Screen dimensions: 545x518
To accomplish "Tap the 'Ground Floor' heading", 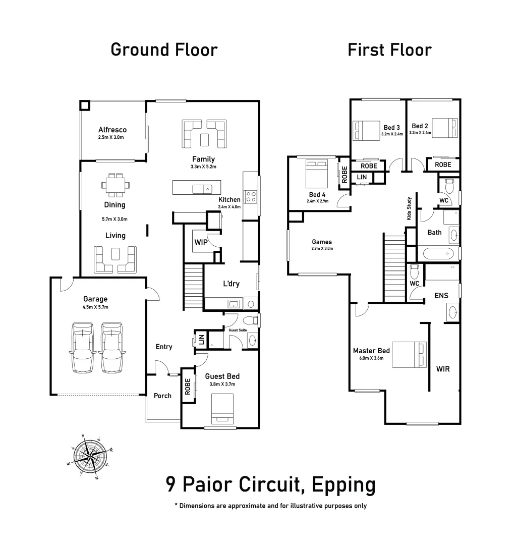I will pyautogui.click(x=164, y=50).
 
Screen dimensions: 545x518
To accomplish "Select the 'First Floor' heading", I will pyautogui.click(x=389, y=50).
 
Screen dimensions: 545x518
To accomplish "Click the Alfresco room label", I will pyautogui.click(x=112, y=130).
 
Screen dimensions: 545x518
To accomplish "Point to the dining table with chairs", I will pyautogui.click(x=115, y=185).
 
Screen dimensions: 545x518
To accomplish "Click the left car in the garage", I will pyautogui.click(x=83, y=348).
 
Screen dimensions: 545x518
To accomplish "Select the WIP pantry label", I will pyautogui.click(x=201, y=242).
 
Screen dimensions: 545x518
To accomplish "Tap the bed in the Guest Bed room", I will pyautogui.click(x=222, y=408).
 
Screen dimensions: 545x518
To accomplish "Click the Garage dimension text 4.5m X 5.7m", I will pyautogui.click(x=95, y=307).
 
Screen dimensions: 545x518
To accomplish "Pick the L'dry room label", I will pyautogui.click(x=232, y=284).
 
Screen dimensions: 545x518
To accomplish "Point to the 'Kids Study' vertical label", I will pyautogui.click(x=409, y=209).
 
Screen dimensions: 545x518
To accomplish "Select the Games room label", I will pyautogui.click(x=322, y=242).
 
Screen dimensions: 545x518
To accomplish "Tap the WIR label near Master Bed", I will pyautogui.click(x=442, y=369).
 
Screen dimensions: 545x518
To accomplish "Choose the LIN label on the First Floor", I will pyautogui.click(x=362, y=177).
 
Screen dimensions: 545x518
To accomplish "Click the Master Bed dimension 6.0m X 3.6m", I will pyautogui.click(x=371, y=359).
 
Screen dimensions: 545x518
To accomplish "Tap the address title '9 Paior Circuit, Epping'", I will pyautogui.click(x=270, y=485).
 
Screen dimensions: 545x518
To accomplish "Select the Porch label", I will pyautogui.click(x=162, y=396).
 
